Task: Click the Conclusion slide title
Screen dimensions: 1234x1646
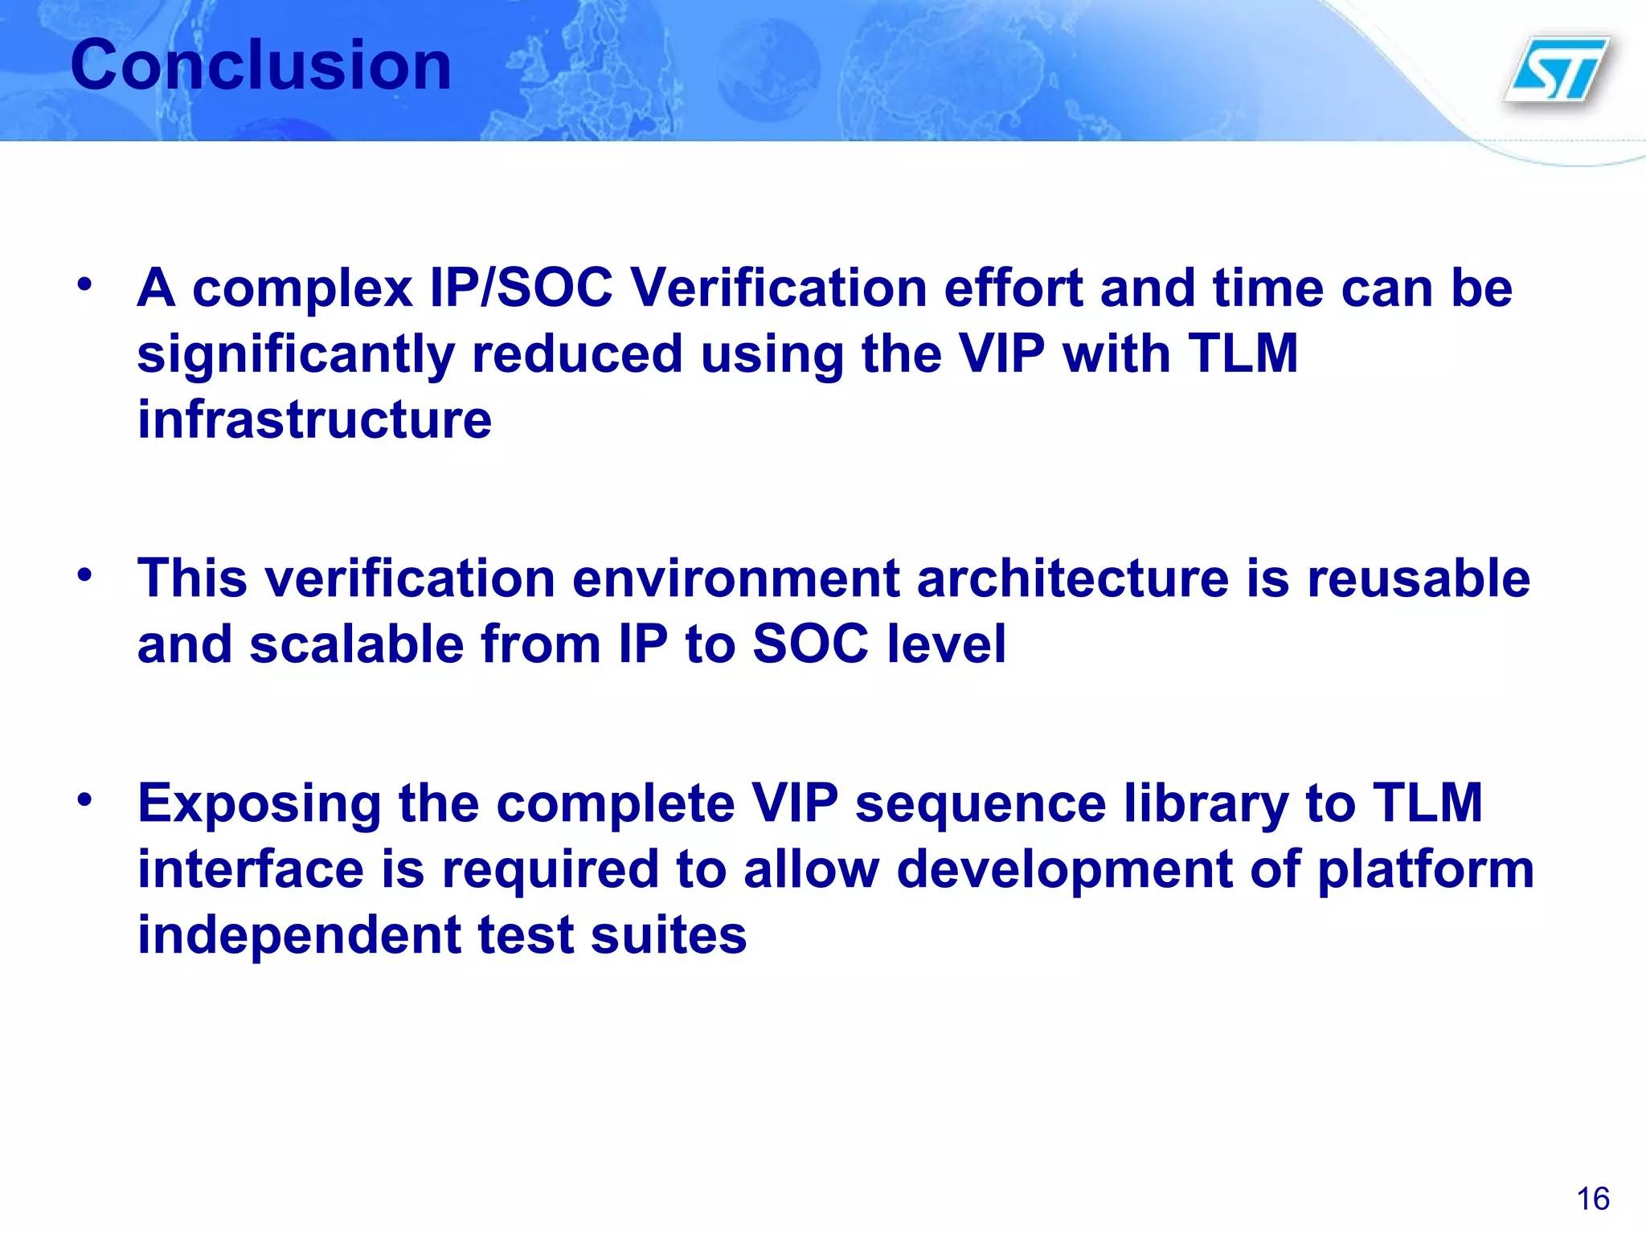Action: point(260,66)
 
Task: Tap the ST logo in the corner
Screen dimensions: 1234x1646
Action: point(1558,71)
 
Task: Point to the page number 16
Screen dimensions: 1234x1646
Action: point(1592,1199)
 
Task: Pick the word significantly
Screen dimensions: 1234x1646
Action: point(296,354)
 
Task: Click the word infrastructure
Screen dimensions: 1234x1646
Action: point(314,419)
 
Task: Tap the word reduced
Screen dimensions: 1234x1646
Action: point(577,353)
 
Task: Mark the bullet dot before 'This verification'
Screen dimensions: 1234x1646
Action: point(85,574)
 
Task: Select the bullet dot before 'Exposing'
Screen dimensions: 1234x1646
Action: point(85,799)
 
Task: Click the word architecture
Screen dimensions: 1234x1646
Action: point(1072,578)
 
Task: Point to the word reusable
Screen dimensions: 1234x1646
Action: point(1419,578)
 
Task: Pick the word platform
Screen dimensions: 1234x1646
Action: point(1426,870)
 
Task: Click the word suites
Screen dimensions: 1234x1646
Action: point(668,936)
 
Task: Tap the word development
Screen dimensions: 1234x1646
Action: point(1064,870)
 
